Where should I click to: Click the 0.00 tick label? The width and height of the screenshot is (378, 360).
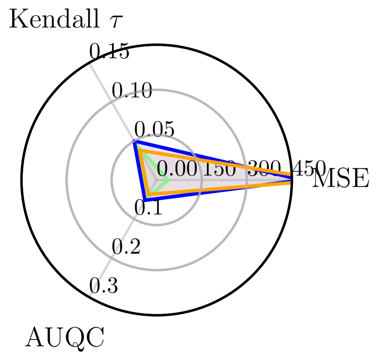click(x=177, y=170)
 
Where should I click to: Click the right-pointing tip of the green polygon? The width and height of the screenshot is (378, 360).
click(x=169, y=180)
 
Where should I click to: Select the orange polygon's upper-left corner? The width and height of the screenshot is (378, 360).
click(x=141, y=151)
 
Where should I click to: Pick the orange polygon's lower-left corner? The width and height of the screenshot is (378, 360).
click(x=148, y=195)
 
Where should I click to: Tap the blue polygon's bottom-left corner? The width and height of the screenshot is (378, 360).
click(x=145, y=200)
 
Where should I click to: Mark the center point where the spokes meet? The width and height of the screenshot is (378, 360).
click(x=156, y=180)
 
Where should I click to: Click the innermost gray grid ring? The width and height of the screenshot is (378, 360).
click(x=156, y=225)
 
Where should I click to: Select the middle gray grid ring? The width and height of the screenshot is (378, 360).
click(x=156, y=270)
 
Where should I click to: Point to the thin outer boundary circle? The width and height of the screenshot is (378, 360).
click(x=156, y=314)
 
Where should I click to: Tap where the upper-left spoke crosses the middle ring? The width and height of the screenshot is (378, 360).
click(x=111, y=102)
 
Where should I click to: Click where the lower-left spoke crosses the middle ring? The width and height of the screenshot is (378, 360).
click(x=111, y=258)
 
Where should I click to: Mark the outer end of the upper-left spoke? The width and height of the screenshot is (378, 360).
click(x=90, y=65)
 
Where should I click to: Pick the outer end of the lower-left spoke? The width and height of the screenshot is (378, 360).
click(x=90, y=295)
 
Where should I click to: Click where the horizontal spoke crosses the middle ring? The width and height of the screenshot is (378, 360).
click(x=247, y=180)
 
